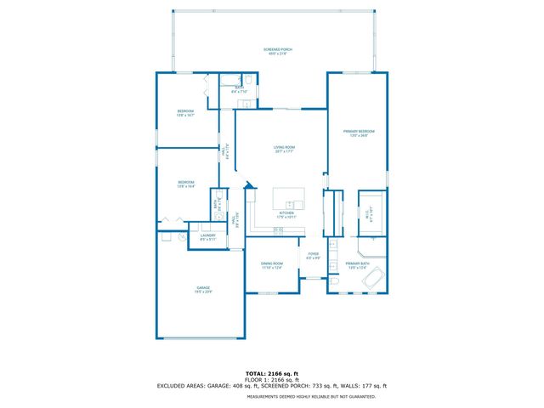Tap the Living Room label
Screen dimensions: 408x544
pyautogui.click(x=283, y=150)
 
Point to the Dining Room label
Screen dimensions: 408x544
pyautogui.click(x=272, y=266)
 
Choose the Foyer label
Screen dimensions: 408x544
pyautogui.click(x=313, y=255)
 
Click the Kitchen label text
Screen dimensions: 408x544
pyautogui.click(x=286, y=214)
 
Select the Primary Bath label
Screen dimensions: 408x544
pyautogui.click(x=358, y=266)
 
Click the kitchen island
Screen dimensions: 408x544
pyautogui.click(x=289, y=200)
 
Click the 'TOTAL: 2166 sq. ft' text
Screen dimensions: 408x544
pyautogui.click(x=272, y=373)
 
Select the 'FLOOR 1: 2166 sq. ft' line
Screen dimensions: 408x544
pyautogui.click(x=272, y=379)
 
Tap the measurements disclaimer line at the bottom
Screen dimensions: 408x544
pyautogui.click(x=272, y=396)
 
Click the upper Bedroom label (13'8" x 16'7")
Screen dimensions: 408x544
pyautogui.click(x=185, y=113)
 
